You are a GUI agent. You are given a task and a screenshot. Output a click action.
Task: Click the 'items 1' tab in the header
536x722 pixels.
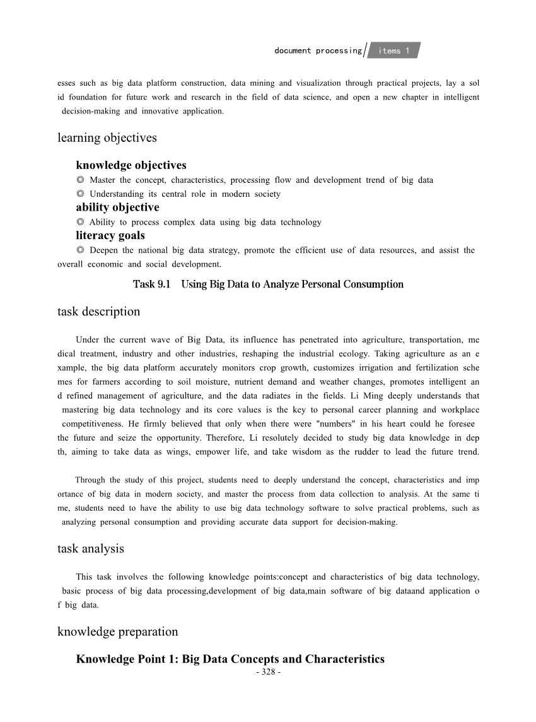394,50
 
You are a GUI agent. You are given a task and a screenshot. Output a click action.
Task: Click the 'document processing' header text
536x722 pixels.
318,50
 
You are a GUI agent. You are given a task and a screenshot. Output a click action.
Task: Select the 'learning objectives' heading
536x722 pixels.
107,137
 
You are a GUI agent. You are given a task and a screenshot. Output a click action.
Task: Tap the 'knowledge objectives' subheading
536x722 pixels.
131,165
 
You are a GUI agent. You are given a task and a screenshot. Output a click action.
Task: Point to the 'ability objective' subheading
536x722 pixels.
117,207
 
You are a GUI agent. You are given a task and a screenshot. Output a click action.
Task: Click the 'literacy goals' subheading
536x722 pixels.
110,235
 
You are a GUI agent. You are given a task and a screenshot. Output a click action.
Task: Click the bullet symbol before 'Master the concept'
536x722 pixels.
80,180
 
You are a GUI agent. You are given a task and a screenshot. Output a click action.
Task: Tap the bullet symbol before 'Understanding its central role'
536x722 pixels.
80,194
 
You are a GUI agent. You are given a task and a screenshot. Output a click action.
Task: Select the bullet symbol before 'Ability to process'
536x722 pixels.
80,222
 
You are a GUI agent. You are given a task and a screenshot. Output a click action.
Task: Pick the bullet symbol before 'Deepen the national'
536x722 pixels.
80,250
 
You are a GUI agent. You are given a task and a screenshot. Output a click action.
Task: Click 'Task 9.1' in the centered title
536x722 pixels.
151,284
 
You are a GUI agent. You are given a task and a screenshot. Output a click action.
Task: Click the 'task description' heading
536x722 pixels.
98,312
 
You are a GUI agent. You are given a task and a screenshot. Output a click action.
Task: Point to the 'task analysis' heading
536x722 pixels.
90,549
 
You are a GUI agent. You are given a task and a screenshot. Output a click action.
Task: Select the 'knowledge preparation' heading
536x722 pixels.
117,632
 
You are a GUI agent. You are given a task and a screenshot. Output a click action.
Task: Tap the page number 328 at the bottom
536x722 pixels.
268,672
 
